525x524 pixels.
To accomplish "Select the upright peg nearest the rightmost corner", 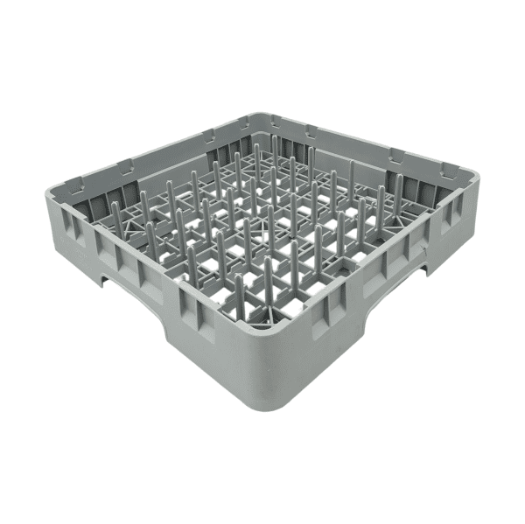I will click(398, 188).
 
